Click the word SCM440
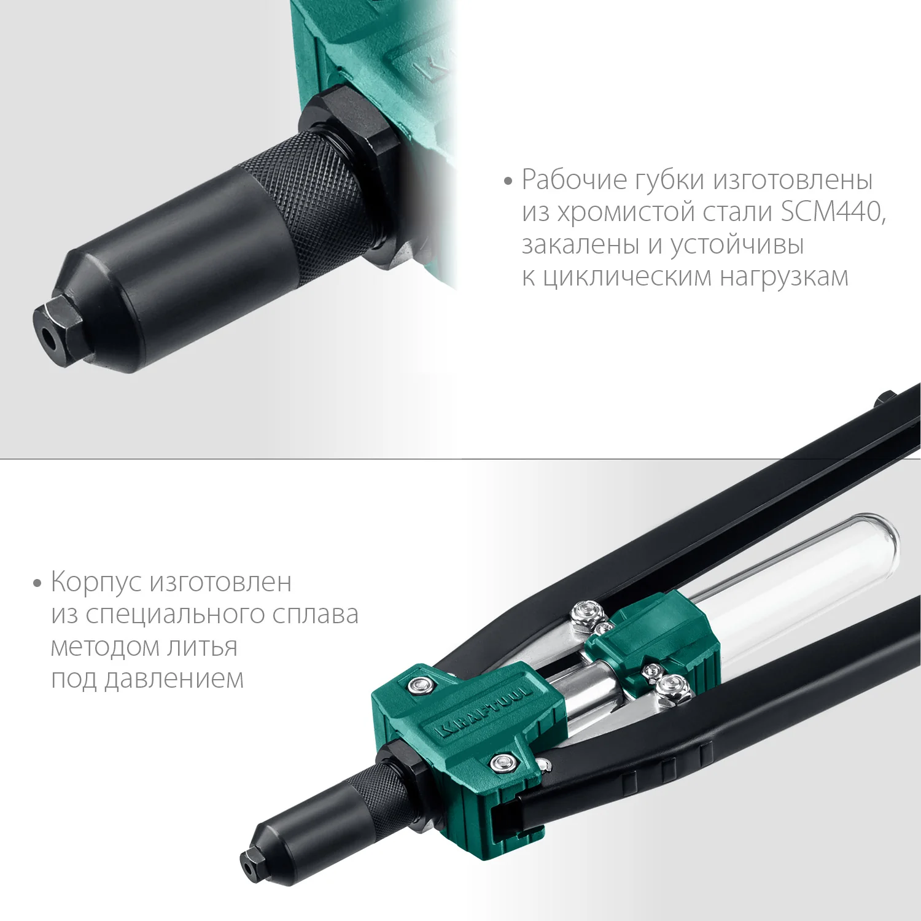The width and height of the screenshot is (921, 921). [x=833, y=212]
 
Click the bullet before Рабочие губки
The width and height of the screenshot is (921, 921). [x=507, y=182]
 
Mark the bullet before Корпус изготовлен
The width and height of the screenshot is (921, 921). [x=37, y=583]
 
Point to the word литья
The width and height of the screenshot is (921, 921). [x=206, y=647]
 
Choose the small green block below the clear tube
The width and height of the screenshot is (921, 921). [x=651, y=639]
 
